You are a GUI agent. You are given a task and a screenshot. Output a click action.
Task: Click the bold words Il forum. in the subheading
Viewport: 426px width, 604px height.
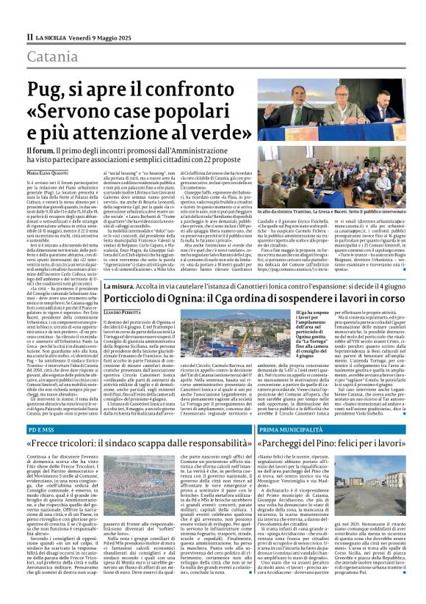point(42,150)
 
